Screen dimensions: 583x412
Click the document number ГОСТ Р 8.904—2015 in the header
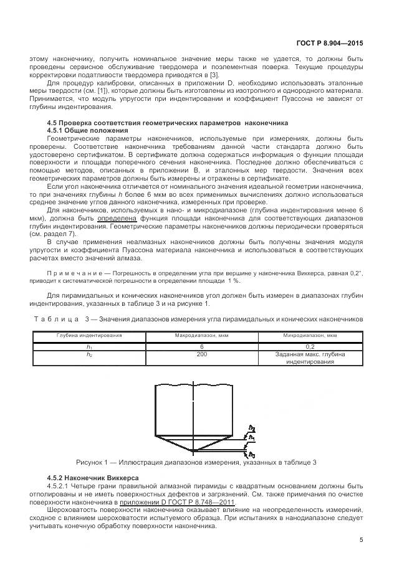pyautogui.click(x=329, y=44)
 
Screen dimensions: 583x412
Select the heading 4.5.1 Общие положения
pyautogui.click(x=87, y=131)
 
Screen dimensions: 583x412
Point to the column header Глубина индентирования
pyautogui.click(x=89, y=335)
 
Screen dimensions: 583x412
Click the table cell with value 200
pyautogui.click(x=201, y=354)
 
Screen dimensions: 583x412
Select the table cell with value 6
pyautogui.click(x=201, y=346)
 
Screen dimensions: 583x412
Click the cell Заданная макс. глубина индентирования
pyautogui.click(x=310, y=358)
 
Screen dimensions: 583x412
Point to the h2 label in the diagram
pyautogui.click(x=252, y=428)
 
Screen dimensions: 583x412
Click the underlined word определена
pyautogui.click(x=114, y=219)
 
